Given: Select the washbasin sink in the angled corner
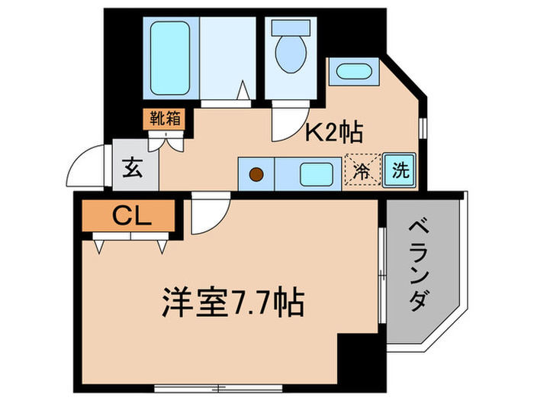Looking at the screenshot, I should click(352, 73).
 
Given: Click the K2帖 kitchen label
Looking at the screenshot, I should click(334, 134).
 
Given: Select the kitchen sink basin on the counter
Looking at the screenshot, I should click(314, 174).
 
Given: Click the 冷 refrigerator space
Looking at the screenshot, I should click(363, 172).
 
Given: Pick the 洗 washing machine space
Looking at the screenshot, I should click(399, 171).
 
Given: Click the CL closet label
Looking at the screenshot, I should click(132, 216).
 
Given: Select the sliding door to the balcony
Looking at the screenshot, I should click(381, 271).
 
